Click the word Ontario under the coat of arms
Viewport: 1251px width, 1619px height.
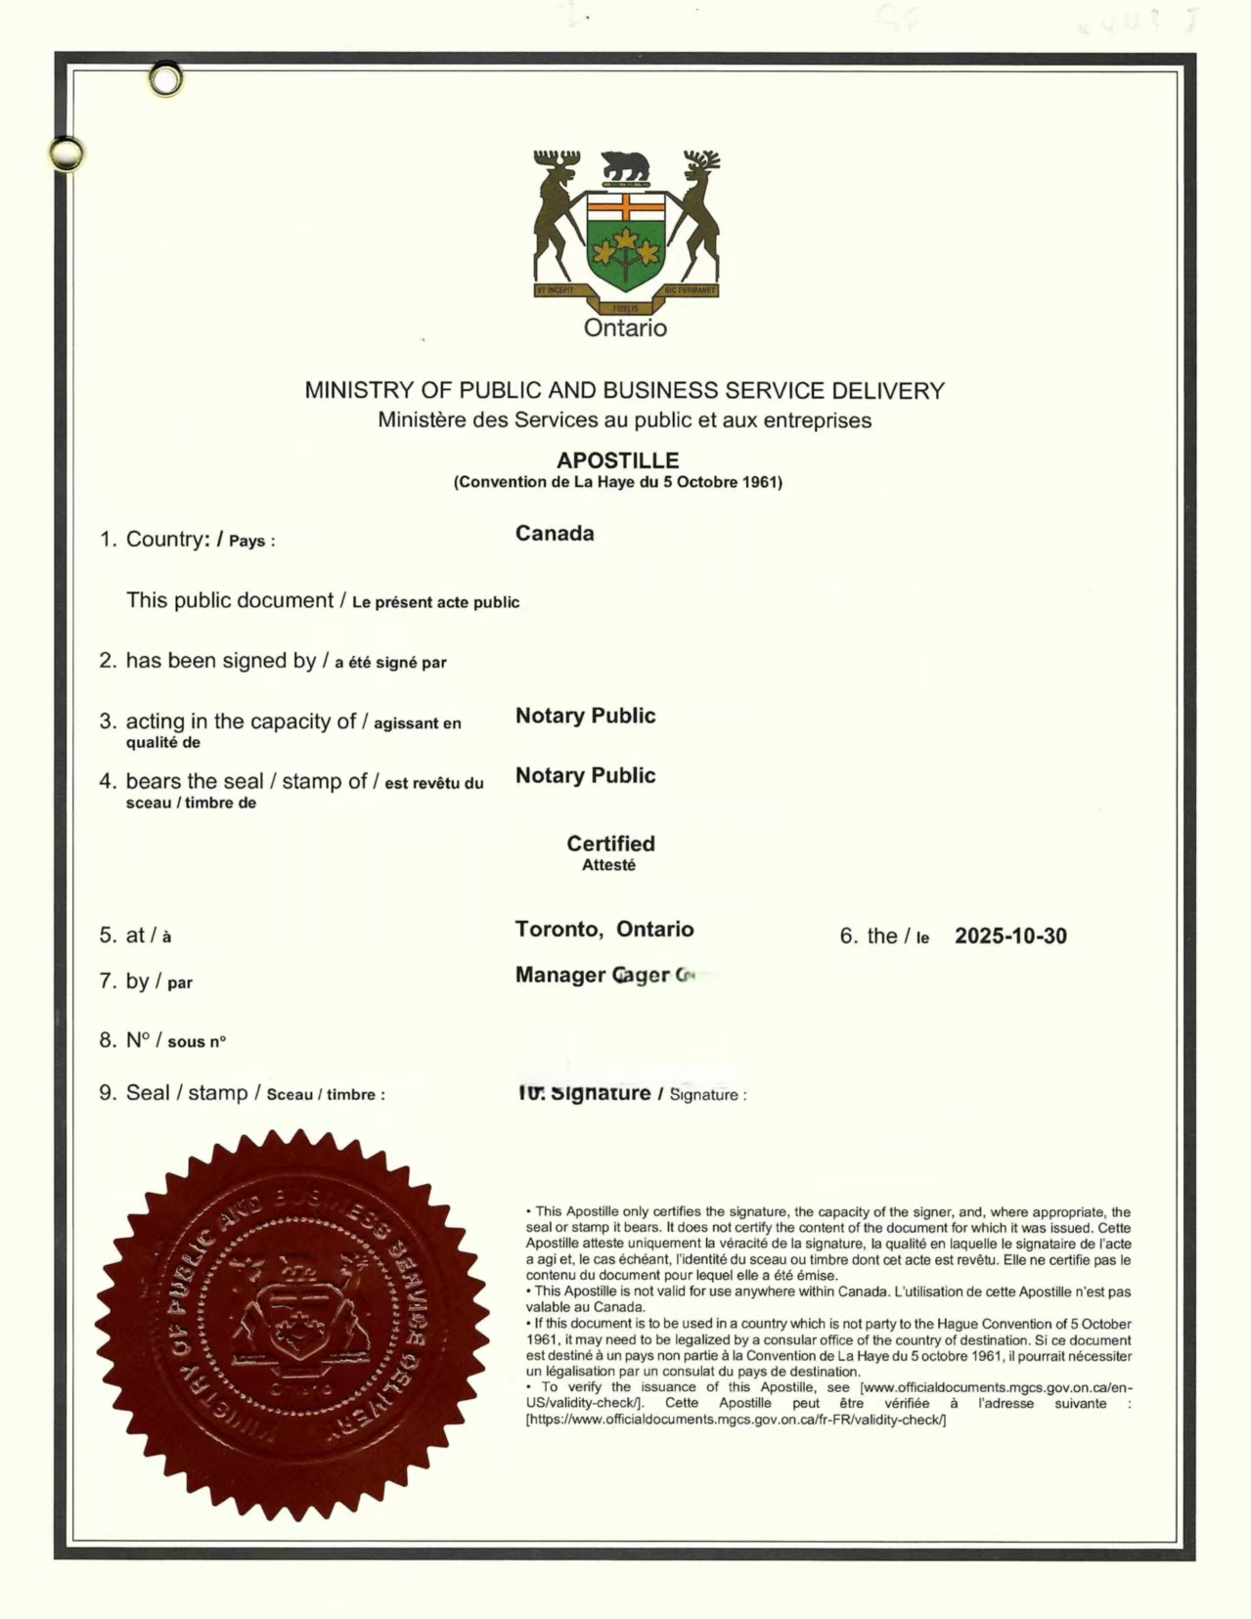[x=625, y=328]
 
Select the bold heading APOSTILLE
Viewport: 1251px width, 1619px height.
[x=617, y=460]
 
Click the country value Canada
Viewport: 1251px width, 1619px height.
[x=555, y=534]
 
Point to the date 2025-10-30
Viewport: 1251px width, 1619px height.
[x=1010, y=937]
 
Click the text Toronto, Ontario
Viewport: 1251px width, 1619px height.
[x=604, y=930]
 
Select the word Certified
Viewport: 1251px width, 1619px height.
[x=610, y=844]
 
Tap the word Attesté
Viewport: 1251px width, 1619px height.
[x=608, y=865]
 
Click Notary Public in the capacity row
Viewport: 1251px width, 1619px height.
[x=585, y=716]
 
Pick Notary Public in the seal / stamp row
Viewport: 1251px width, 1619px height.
[x=585, y=775]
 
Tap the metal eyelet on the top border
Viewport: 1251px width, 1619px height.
[x=166, y=79]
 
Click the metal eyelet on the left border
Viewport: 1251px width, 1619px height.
[x=67, y=153]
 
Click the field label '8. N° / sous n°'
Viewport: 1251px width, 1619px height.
[x=162, y=1041]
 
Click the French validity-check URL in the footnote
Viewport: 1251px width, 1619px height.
[x=736, y=1420]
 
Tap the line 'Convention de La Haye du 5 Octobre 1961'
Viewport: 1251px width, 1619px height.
[x=617, y=482]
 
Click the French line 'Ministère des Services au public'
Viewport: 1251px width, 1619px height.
[x=624, y=421]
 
